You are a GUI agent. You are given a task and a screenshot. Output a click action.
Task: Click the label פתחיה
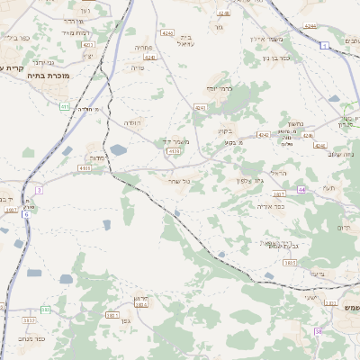click(143, 46)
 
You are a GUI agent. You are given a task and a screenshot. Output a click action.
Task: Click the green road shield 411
click(64, 106)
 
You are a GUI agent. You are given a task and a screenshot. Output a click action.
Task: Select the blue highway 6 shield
click(26, 214)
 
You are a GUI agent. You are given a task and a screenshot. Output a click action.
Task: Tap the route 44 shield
click(302, 190)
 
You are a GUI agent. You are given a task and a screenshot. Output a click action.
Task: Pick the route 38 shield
click(319, 332)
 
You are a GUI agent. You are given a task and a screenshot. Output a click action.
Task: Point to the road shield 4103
click(84, 167)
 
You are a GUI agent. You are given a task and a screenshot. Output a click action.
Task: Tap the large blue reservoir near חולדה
click(118, 150)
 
